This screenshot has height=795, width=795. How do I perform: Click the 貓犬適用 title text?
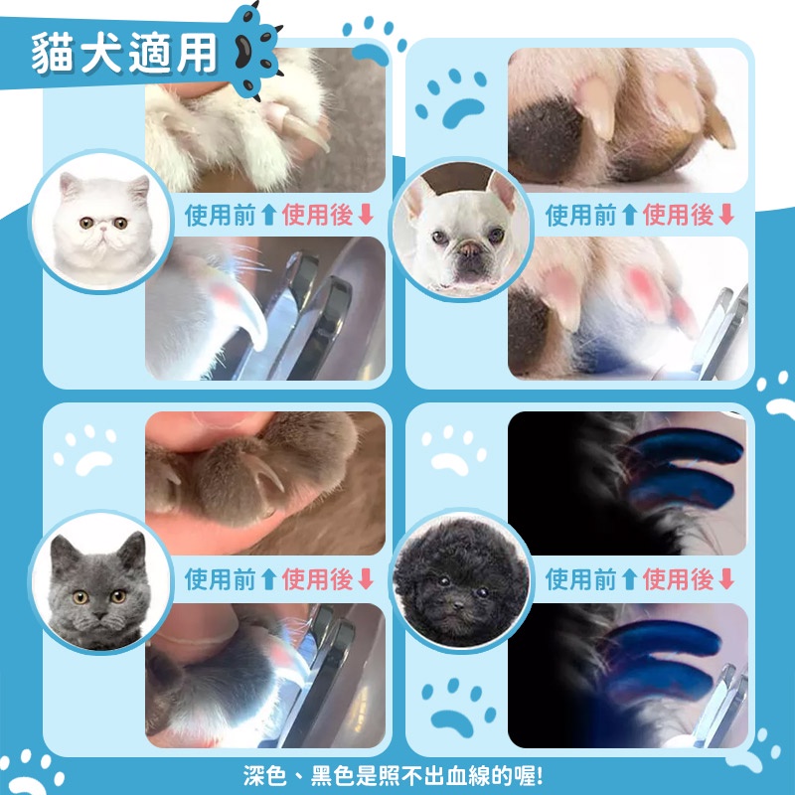(x=124, y=53)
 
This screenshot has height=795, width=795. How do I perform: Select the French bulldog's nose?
(x=469, y=250)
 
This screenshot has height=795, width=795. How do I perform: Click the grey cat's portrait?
(x=100, y=582)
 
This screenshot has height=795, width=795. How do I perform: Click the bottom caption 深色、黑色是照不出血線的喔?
(x=394, y=776)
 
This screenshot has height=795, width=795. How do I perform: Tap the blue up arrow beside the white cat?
(x=268, y=215)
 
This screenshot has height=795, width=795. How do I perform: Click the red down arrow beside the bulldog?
(x=726, y=215)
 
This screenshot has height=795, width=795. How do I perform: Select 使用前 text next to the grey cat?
(x=220, y=578)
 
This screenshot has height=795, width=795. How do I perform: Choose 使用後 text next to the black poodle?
(x=678, y=578)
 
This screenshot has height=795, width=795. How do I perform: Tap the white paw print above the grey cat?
(x=86, y=449)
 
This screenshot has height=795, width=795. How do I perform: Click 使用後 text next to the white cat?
(x=317, y=215)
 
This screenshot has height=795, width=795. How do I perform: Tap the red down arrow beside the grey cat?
(x=366, y=578)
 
